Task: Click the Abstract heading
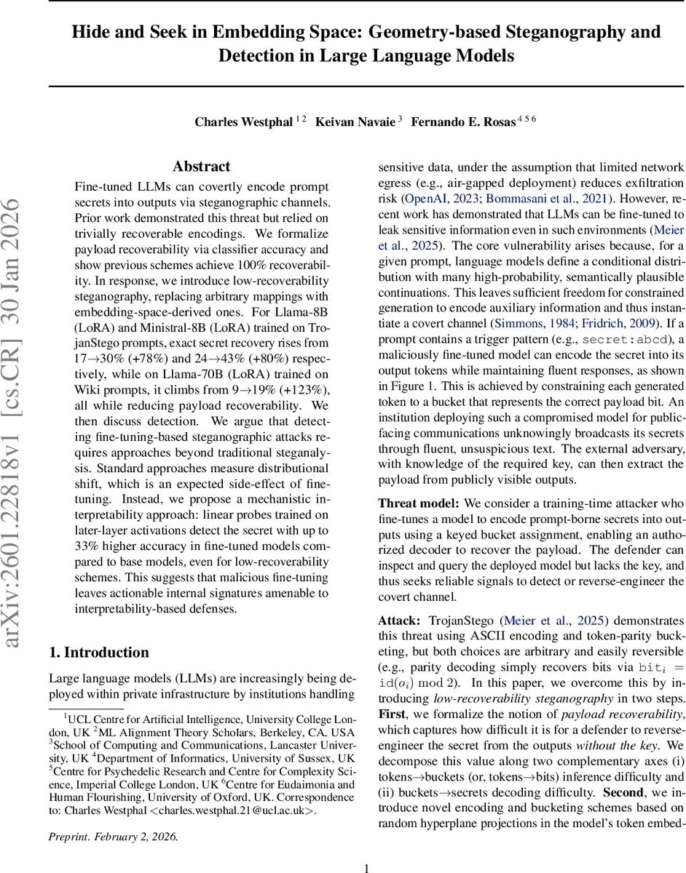(201, 167)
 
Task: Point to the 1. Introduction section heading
(98, 652)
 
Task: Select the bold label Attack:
(399, 621)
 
